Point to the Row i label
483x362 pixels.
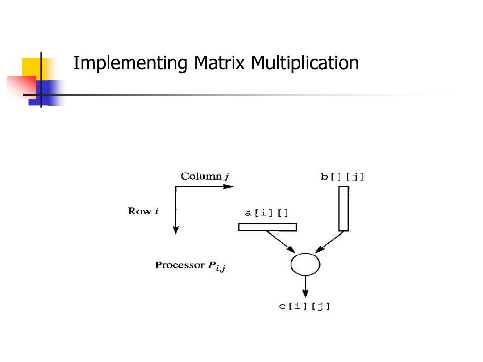[x=143, y=211]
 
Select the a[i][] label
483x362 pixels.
[x=266, y=213]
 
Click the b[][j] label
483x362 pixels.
[x=342, y=177]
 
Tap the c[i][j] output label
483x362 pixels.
[x=305, y=306]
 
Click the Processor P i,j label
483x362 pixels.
[x=190, y=266]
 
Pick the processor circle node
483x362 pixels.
[x=305, y=264]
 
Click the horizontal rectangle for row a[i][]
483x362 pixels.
[x=267, y=227]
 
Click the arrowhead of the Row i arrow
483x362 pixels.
[x=175, y=230]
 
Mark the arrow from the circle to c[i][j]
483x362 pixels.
[x=305, y=287]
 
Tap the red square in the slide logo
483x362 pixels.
[x=20, y=87]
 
